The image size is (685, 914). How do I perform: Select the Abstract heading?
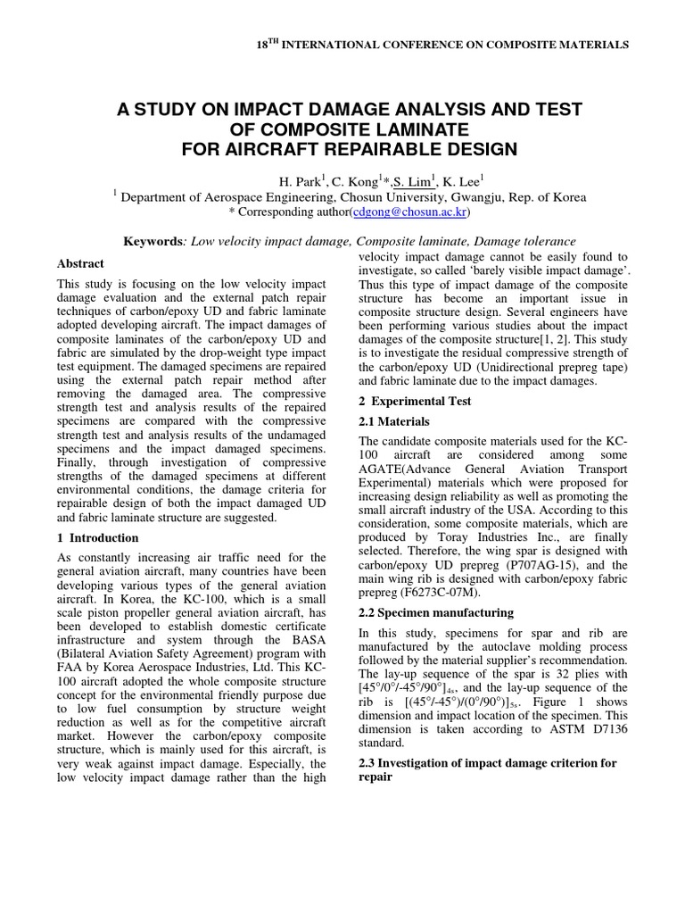click(80, 263)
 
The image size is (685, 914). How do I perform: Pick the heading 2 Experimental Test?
click(415, 401)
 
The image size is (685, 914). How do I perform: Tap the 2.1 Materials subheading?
click(393, 421)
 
